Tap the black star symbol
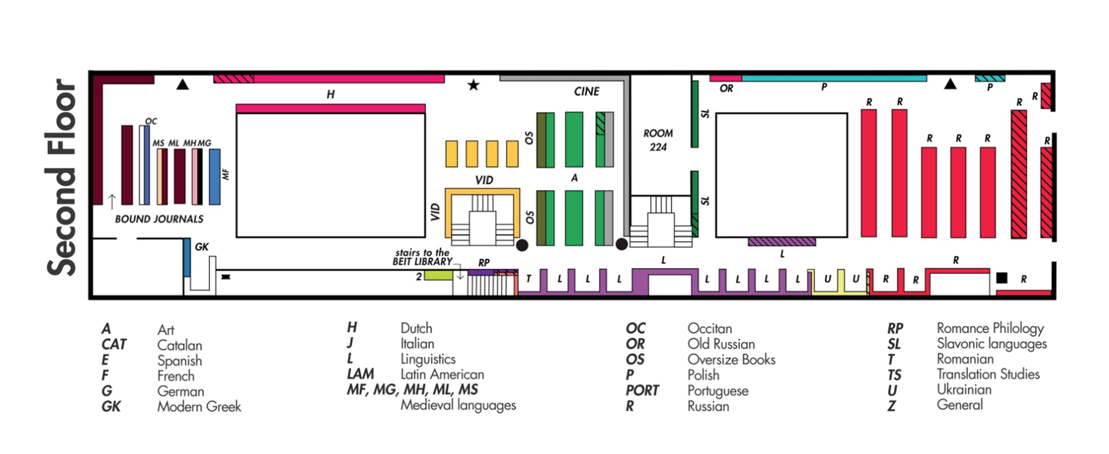[473, 85]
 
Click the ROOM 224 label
[658, 140]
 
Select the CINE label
[586, 91]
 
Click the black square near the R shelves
[1001, 278]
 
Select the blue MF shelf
[215, 177]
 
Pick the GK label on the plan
[201, 247]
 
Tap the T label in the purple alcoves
[528, 279]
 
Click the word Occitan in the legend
[710, 329]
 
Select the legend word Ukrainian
[964, 389]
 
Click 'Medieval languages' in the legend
[458, 405]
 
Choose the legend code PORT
[642, 390]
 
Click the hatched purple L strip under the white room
[781, 242]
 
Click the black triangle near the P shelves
[950, 84]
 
